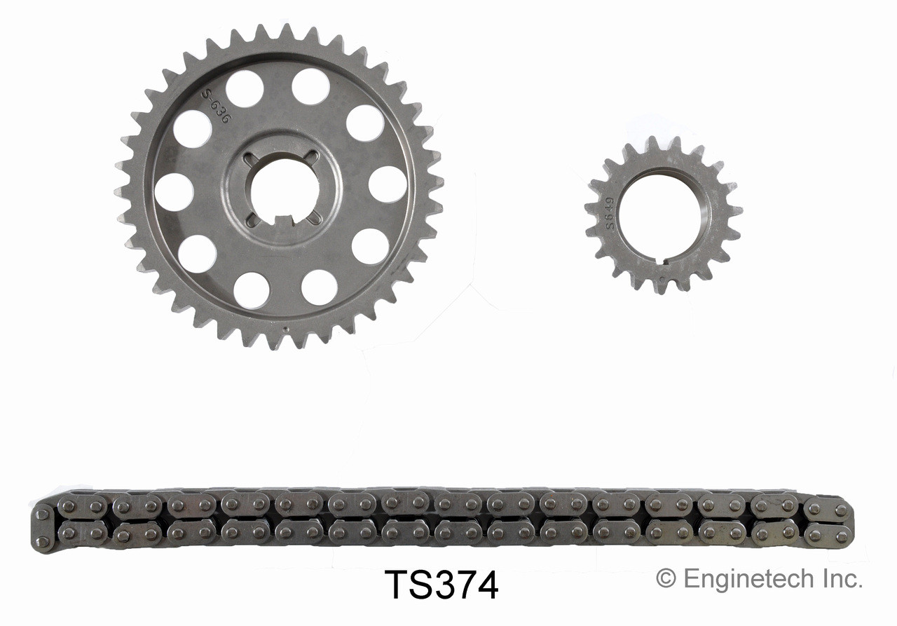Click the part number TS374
click(441, 585)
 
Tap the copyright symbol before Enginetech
click(665, 579)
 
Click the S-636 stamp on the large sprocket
click(214, 106)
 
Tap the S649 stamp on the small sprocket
click(610, 213)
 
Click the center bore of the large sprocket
click(283, 188)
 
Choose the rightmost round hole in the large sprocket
click(388, 184)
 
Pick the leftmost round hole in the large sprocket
click(173, 191)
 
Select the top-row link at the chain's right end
click(828, 508)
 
